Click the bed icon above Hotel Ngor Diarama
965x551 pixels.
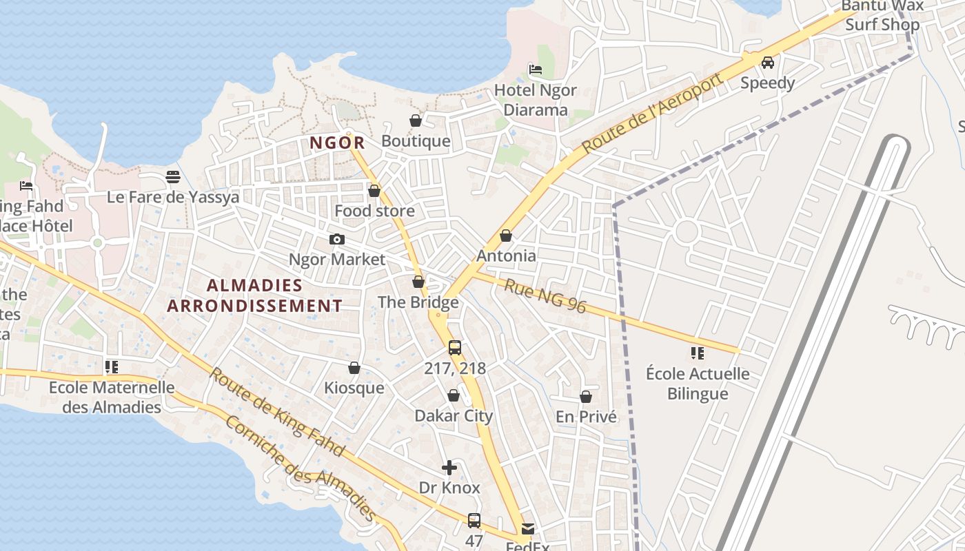tap(535, 70)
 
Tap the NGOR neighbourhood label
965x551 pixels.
tap(337, 143)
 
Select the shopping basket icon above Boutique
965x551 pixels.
tap(416, 121)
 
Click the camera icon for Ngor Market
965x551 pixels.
tap(336, 240)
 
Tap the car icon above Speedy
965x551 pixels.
tap(767, 63)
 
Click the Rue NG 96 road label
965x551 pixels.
tap(545, 295)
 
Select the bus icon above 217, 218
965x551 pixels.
tap(454, 348)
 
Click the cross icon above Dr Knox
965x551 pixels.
tap(449, 468)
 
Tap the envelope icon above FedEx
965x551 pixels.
tap(528, 529)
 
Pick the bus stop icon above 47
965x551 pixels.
tap(474, 521)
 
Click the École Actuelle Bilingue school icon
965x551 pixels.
tap(698, 353)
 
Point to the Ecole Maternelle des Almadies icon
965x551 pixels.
tap(112, 367)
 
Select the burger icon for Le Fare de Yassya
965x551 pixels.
tap(172, 177)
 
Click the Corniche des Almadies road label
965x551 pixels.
tap(301, 468)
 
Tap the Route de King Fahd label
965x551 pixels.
tap(276, 412)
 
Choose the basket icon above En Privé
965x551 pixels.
tap(586, 397)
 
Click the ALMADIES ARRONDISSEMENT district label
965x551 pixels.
tap(254, 295)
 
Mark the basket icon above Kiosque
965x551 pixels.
tap(354, 368)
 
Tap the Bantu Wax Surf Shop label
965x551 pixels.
tap(882, 16)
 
